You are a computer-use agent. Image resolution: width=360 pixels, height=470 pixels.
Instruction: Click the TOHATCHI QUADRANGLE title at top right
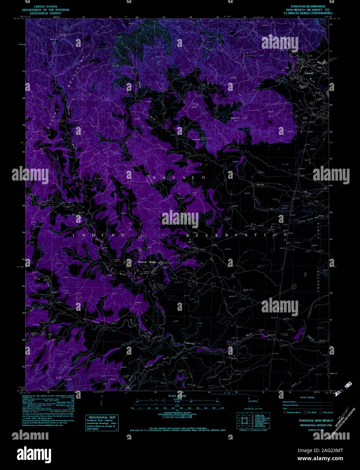pos(306,6)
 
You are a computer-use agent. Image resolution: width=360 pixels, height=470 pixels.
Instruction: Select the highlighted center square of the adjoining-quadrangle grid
pos(244,421)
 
